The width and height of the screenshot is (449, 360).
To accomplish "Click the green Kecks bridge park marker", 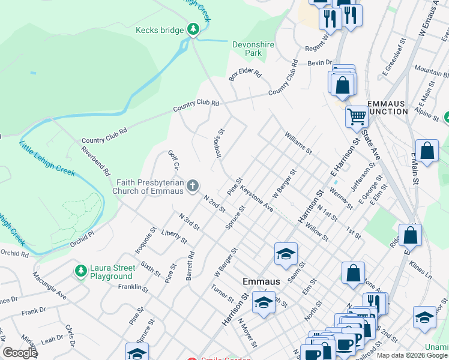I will click(x=193, y=28).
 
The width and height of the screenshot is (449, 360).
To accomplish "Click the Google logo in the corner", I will click(x=20, y=352).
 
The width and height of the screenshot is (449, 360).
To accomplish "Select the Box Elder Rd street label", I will click(x=245, y=76).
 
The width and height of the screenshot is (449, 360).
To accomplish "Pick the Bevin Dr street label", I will click(x=321, y=62).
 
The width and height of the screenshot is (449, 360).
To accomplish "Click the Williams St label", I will click(x=298, y=143).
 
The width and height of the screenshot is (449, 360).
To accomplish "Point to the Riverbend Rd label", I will click(x=96, y=161).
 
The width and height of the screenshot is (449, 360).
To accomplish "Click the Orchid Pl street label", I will click(x=82, y=235).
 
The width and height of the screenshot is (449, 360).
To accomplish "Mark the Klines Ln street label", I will click(x=420, y=269).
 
